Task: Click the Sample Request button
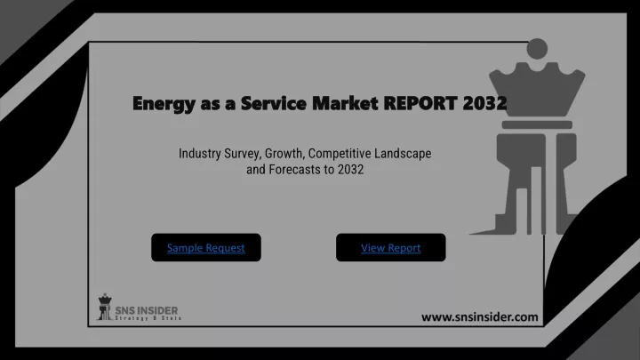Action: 206,247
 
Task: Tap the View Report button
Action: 390,247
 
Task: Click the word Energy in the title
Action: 164,104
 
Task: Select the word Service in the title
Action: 274,103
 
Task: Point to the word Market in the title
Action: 345,103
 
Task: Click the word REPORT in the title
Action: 420,103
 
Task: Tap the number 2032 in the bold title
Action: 485,103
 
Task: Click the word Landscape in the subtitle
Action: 403,154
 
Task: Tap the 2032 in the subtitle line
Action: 350,170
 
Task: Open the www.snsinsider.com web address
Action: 480,317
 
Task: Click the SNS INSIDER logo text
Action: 147,310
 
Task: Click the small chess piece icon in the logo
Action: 105,307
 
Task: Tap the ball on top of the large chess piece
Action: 537,49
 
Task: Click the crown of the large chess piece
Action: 537,90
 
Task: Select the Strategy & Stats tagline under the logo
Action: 148,318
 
